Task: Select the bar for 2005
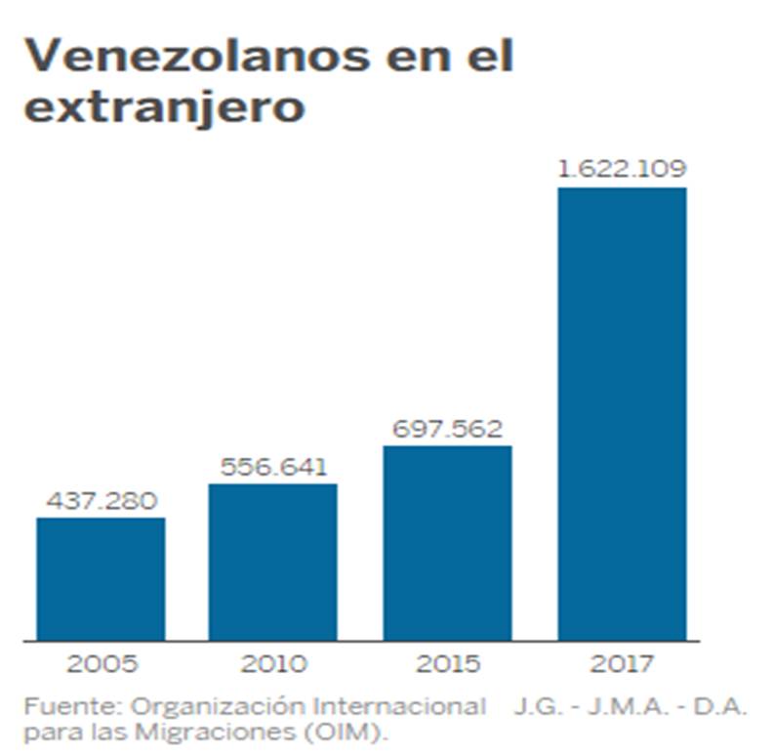(101, 578)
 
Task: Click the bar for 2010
(273, 562)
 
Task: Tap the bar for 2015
(447, 543)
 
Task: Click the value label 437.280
(101, 502)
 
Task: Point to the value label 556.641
(273, 468)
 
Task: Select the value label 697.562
(447, 430)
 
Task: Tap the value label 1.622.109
(622, 169)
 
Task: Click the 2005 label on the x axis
(101, 665)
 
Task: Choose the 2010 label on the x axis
(273, 665)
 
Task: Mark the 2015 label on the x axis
(447, 665)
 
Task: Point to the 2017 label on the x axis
(622, 665)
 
